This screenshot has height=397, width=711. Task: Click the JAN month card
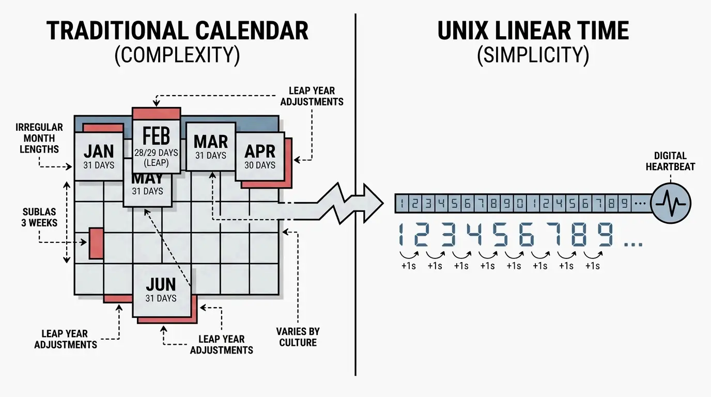(x=99, y=156)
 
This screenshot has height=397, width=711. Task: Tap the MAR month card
(x=210, y=146)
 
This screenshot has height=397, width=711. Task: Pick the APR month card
(x=259, y=156)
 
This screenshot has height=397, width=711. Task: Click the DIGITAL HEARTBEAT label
(x=670, y=161)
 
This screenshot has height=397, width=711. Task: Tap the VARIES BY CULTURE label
(x=298, y=337)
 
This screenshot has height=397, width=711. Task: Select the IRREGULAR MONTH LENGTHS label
(x=39, y=138)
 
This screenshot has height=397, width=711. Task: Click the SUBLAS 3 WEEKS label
(x=40, y=217)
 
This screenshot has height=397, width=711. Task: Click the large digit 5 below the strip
(x=500, y=235)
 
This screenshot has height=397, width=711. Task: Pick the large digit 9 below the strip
(x=605, y=235)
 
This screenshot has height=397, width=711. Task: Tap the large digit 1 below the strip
(x=403, y=235)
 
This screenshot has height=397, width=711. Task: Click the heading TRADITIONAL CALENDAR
(x=177, y=31)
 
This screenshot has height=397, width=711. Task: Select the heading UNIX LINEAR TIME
(x=533, y=31)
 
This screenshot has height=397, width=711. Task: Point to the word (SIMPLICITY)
(x=533, y=55)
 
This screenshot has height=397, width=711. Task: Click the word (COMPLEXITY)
(x=177, y=55)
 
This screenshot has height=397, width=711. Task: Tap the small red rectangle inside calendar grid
(x=96, y=243)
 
